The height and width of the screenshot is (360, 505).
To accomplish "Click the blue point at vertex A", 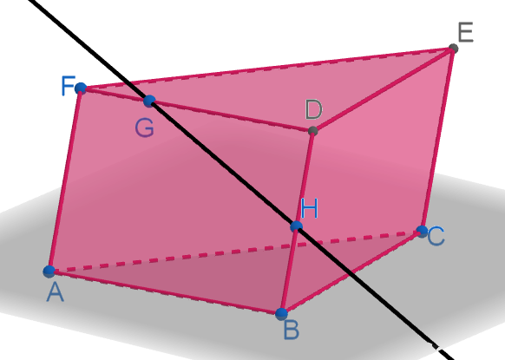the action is (49, 272).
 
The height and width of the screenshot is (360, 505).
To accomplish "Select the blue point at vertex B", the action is (281, 314).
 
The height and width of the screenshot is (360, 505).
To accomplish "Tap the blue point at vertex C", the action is (422, 232).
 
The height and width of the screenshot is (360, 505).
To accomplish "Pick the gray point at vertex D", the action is (312, 131).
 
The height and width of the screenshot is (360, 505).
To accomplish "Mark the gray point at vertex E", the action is (454, 49).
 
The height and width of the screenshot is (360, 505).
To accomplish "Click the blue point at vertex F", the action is (81, 88).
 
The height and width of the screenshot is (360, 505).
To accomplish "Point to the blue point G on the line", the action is (149, 101).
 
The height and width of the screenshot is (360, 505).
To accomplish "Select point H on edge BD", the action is (296, 226).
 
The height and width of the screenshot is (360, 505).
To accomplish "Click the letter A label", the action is (55, 292).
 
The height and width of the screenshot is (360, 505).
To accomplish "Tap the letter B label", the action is (292, 331).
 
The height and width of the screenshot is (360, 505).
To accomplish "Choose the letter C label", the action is (436, 236).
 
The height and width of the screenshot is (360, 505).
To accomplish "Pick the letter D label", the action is (313, 109).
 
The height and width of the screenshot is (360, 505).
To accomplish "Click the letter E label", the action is (466, 32).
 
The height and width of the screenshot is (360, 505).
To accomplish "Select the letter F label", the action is (69, 86).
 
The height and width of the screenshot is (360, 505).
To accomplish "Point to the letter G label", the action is (145, 128).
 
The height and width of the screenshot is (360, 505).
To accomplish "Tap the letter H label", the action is (309, 208).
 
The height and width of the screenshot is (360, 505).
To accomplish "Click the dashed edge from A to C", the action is (235, 252).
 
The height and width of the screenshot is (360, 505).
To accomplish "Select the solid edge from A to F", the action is (65, 180).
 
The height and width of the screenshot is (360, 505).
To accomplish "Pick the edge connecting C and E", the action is (437, 140).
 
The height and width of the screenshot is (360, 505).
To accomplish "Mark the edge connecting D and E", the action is (384, 90).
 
